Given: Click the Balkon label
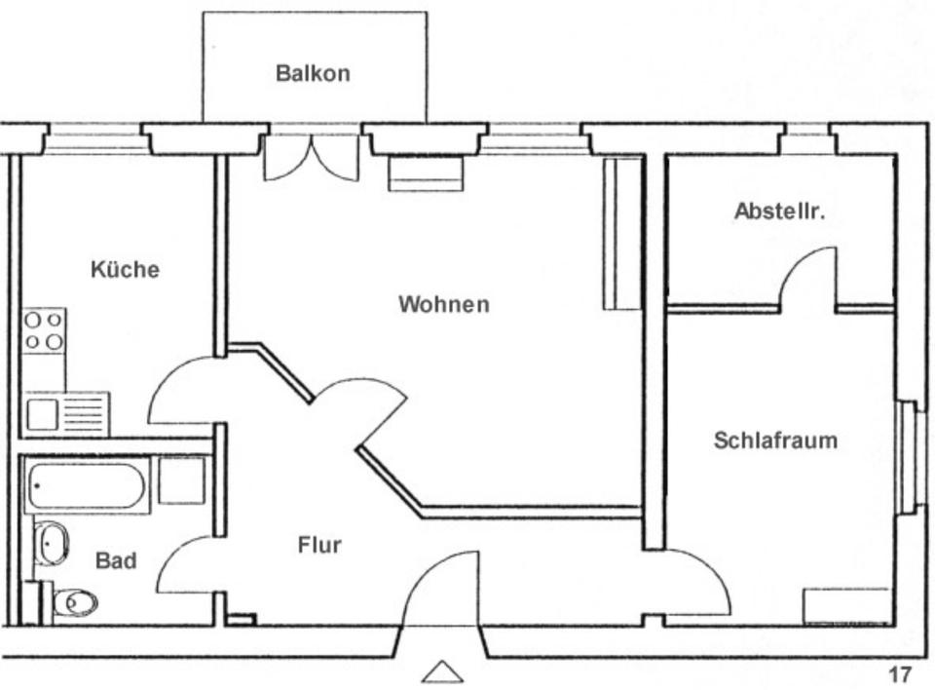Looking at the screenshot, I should point(313,73).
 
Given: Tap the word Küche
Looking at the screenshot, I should point(125,270).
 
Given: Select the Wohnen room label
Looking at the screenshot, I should point(443,305).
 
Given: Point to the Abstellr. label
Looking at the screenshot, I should point(779,211).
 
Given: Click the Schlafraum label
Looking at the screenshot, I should point(775,441).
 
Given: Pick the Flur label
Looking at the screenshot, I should point(319,546).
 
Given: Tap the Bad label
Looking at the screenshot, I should point(116,562).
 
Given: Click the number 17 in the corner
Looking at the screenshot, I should point(899,674).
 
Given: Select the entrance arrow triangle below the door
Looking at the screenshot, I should point(441,671).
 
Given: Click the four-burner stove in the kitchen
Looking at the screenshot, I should point(44,329).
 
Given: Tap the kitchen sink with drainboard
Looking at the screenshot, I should point(66,414).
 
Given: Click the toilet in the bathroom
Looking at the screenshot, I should point(74,602).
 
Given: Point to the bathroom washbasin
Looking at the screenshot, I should point(52,542).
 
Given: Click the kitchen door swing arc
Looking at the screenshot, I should point(180,390).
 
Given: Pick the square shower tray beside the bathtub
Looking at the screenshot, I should point(181,480).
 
